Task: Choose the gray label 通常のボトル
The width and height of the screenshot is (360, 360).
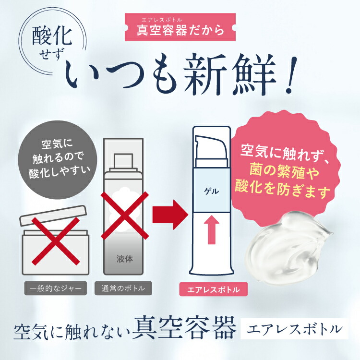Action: tap(123, 289)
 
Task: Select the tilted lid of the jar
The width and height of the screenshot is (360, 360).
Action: tap(54, 214)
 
